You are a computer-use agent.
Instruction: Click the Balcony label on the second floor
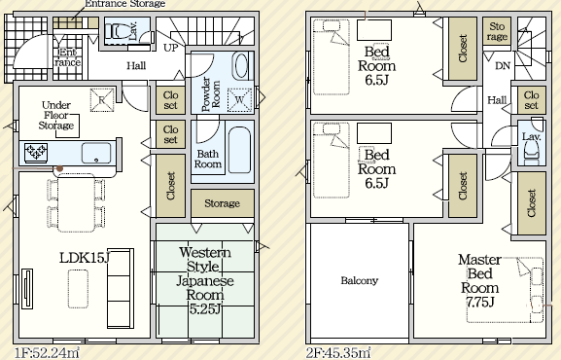coord(359,280)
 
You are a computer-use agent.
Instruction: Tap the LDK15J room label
coord(84,258)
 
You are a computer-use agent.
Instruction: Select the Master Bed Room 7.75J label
coord(479,281)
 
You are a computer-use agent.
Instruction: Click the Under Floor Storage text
coord(56,116)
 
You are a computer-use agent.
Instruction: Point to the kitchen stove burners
coord(36,153)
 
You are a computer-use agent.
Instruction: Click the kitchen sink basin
coord(96,154)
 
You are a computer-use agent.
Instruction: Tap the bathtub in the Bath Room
coord(239,150)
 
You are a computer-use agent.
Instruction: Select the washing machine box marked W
coord(240,99)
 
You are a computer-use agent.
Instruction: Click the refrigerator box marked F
coord(102,99)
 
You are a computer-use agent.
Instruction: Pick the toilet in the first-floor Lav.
coord(119,31)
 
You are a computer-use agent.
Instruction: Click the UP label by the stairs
coord(170,48)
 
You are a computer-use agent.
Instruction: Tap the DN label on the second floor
coord(503,66)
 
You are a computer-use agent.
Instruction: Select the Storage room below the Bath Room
coord(223,203)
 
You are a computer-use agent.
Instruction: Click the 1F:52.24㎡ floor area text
coord(47,353)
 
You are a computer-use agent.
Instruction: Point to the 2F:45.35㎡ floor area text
coord(338,353)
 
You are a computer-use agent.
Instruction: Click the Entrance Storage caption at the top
coord(125,4)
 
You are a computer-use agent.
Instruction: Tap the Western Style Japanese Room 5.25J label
coord(204,280)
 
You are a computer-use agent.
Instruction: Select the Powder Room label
coord(211,94)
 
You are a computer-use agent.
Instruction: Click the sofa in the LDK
coord(121,288)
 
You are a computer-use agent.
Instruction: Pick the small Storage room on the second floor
coord(497,31)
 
